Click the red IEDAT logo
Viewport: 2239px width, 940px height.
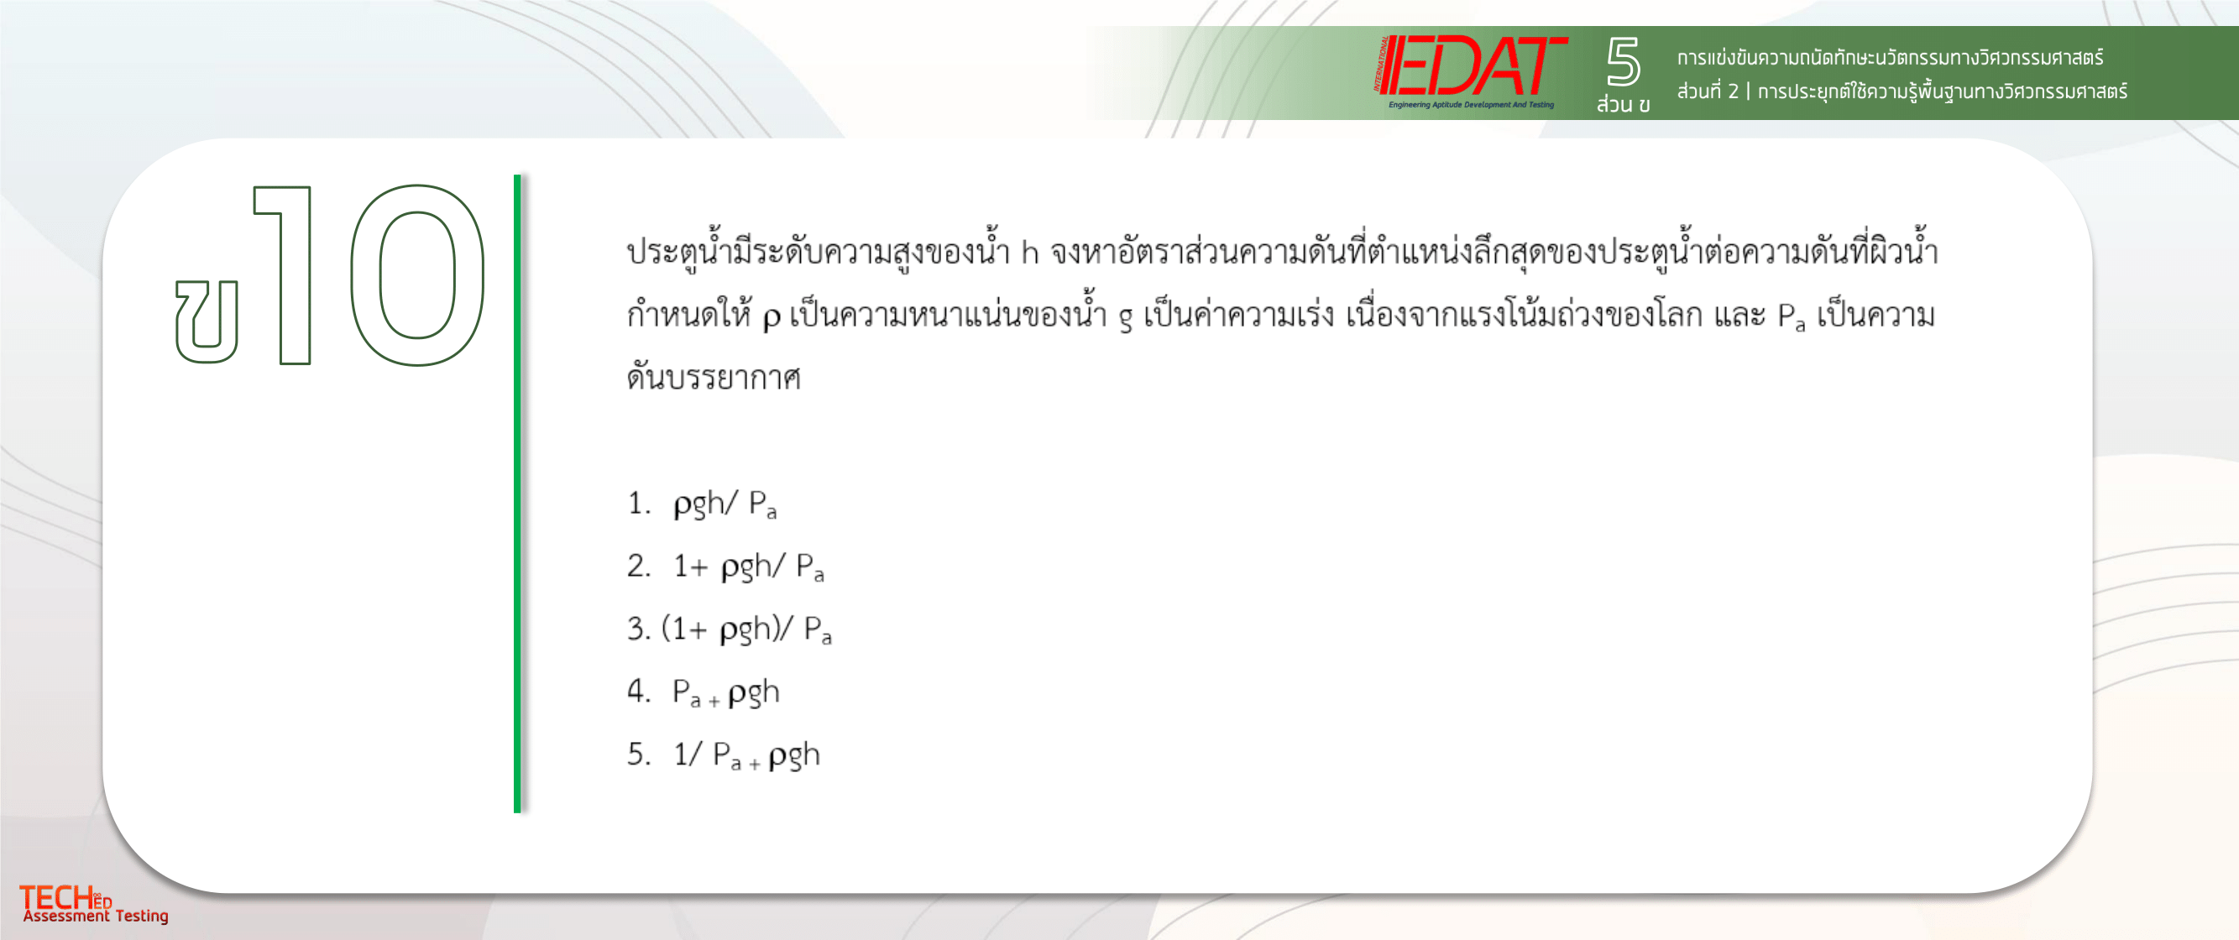point(1472,71)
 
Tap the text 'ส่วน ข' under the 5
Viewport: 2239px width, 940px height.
point(1623,104)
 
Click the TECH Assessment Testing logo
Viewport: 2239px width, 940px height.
point(94,905)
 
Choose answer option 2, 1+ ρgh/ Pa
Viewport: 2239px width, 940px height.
point(725,567)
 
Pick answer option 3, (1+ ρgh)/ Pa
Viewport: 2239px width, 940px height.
point(730,629)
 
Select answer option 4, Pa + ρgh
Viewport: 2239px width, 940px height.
point(704,692)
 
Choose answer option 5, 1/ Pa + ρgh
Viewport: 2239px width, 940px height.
point(723,755)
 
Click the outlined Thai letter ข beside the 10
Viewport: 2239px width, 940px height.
point(207,321)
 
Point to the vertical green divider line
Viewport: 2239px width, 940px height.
point(517,493)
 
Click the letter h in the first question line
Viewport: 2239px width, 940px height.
point(1029,252)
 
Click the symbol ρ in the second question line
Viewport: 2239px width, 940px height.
point(771,318)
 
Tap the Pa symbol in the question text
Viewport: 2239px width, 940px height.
point(1792,316)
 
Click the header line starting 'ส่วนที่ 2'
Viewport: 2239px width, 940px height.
point(1902,91)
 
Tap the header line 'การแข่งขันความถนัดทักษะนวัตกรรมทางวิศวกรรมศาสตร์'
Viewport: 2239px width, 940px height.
point(1890,58)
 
